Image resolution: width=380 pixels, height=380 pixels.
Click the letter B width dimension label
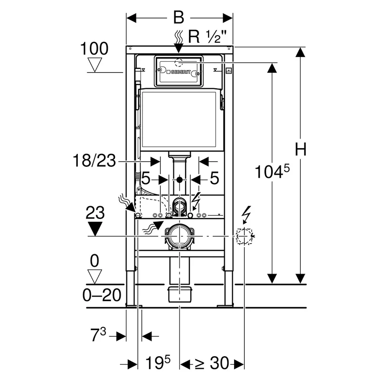179,18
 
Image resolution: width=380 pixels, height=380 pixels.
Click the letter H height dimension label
301,149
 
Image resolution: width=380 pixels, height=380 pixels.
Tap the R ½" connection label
207,37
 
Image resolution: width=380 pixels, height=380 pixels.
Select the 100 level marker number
94,48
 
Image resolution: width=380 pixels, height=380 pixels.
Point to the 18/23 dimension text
94,161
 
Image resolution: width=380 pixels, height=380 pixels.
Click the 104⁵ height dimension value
272,171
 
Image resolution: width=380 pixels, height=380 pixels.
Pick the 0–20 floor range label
102,295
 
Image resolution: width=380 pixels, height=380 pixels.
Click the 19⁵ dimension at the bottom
158,362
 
